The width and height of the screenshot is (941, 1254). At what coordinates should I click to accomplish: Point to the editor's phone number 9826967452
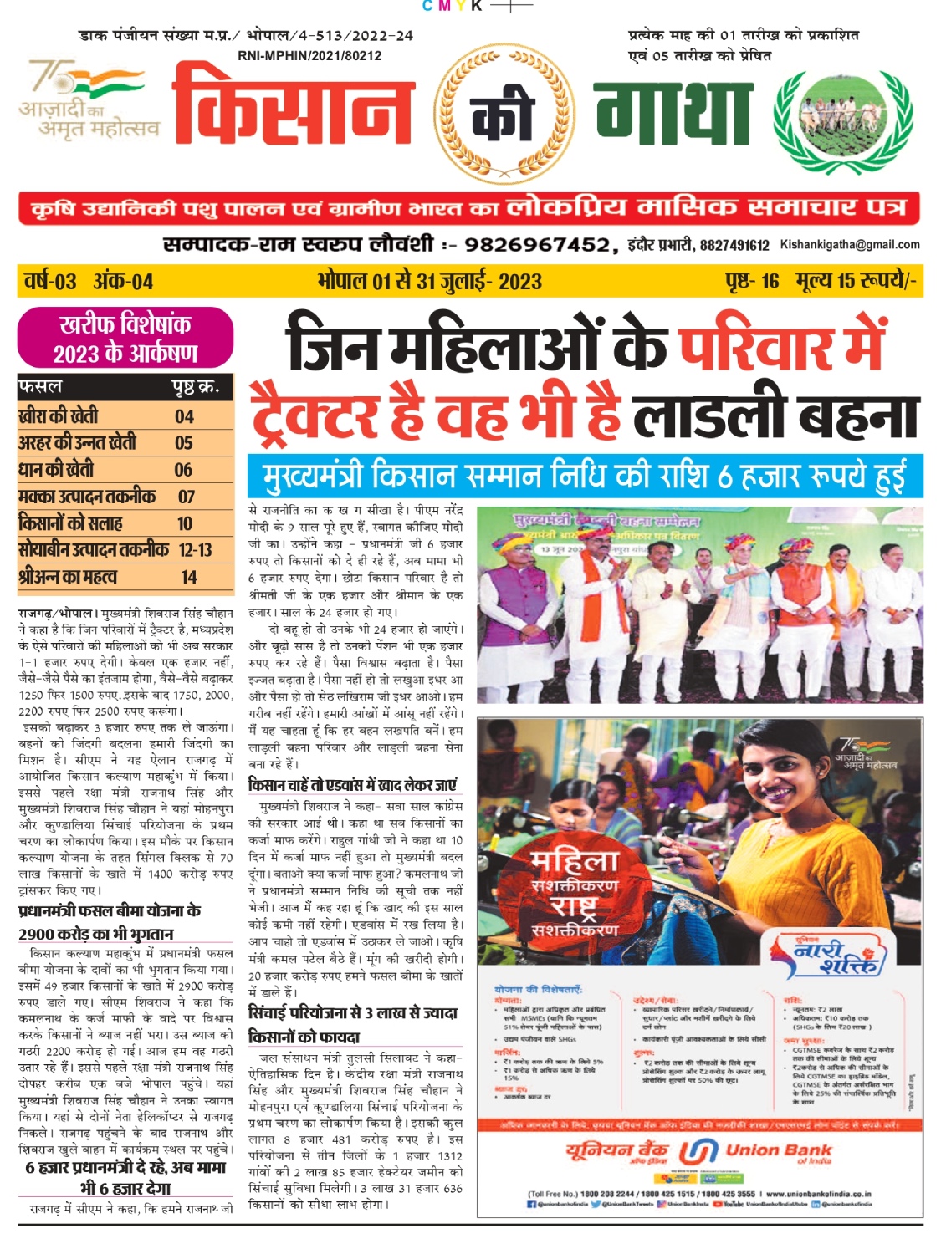[x=536, y=244]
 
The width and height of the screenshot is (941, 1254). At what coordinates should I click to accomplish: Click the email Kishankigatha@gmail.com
[x=850, y=244]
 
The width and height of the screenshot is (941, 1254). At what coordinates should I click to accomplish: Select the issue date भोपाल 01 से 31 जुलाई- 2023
[x=429, y=281]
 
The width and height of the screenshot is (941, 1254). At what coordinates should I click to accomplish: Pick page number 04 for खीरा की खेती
[x=184, y=416]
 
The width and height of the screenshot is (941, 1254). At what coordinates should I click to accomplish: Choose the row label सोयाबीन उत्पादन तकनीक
[x=93, y=549]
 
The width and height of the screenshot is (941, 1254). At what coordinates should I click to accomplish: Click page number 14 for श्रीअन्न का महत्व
[x=189, y=576]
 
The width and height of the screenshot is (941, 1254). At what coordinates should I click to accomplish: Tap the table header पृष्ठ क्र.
[x=196, y=387]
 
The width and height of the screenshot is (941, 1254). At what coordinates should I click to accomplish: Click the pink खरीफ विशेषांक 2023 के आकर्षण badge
[x=125, y=338]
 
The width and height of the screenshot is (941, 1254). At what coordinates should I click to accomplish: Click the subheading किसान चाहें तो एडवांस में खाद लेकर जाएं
[x=353, y=785]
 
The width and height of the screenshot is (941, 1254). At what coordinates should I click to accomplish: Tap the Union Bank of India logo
[x=698, y=1154]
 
